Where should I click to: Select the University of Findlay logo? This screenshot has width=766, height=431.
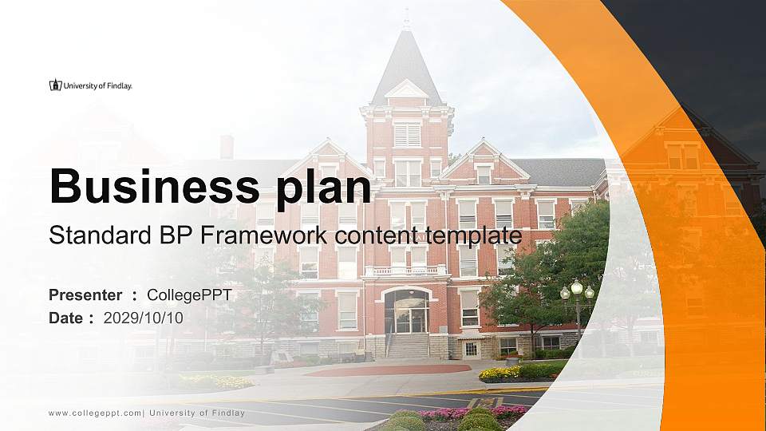point(90,85)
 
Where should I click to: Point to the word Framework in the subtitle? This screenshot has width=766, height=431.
point(267,235)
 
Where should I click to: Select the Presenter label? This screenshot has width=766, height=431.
point(85,295)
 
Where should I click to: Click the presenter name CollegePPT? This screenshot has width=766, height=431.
point(189,295)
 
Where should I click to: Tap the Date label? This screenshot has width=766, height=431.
point(66,318)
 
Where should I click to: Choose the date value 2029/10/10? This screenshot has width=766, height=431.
point(143,318)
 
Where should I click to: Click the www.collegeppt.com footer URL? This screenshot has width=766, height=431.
point(95,413)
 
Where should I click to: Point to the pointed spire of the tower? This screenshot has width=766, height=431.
point(406,56)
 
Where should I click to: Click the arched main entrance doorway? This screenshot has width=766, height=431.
point(407,312)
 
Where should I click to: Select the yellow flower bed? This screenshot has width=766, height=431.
point(499,373)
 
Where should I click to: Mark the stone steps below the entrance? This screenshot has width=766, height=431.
point(407,346)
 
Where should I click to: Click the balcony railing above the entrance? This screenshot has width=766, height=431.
point(407,271)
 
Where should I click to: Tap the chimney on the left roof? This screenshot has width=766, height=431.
point(227,147)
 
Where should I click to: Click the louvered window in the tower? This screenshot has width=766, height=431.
point(407,134)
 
